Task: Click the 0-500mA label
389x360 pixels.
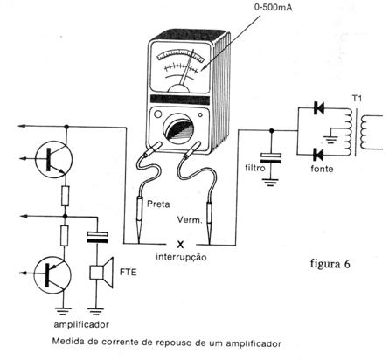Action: pyautogui.click(x=273, y=7)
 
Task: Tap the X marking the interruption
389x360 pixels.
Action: pyautogui.click(x=181, y=245)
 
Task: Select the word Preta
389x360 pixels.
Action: pyautogui.click(x=158, y=204)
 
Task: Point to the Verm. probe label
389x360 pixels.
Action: pyautogui.click(x=190, y=219)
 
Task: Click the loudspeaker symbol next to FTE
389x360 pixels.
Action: pyautogui.click(x=101, y=273)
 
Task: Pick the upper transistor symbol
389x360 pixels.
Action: pyautogui.click(x=53, y=158)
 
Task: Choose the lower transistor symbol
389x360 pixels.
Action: pyautogui.click(x=52, y=275)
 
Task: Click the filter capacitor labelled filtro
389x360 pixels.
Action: pyautogui.click(x=271, y=157)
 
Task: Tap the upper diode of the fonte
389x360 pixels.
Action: pyautogui.click(x=319, y=108)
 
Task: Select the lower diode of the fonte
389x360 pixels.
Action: pyautogui.click(x=319, y=155)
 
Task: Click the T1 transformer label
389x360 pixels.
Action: pyautogui.click(x=357, y=99)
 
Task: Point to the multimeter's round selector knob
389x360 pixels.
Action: pyautogui.click(x=177, y=128)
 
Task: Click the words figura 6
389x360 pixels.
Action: pyautogui.click(x=330, y=264)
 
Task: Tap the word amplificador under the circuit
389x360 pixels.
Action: pyautogui.click(x=81, y=324)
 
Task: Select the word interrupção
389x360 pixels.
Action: pyautogui.click(x=181, y=257)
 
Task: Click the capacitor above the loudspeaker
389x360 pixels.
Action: pyautogui.click(x=98, y=237)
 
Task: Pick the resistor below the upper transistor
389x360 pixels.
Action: pyautogui.click(x=66, y=196)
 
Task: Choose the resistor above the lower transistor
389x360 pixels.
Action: pyautogui.click(x=65, y=235)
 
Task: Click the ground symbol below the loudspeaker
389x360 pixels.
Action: pyautogui.click(x=96, y=312)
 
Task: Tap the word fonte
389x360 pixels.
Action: pyautogui.click(x=322, y=169)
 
